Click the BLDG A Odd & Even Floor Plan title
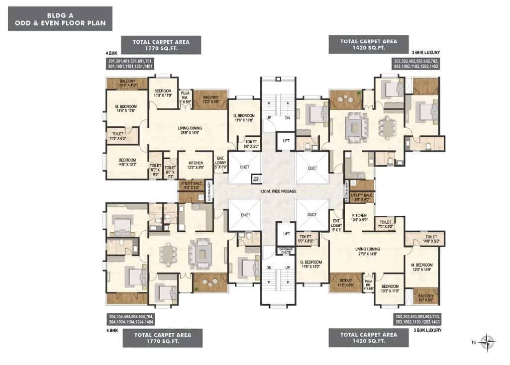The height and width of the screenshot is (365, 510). [x=60, y=19]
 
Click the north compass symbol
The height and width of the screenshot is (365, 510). [x=488, y=342]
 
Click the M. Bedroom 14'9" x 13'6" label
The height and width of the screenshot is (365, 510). [x=125, y=108]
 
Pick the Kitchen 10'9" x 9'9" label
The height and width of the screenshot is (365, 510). [x=360, y=217]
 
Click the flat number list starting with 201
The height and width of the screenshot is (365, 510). [x=130, y=63]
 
